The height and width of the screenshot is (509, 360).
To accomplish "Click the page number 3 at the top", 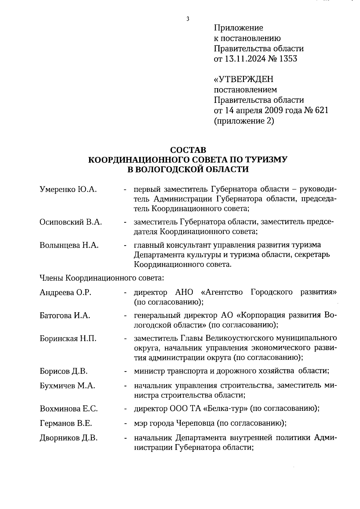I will pyautogui.click(x=188, y=19).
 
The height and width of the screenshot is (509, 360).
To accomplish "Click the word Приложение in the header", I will pyautogui.click(x=238, y=28).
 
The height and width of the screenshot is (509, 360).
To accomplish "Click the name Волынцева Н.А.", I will pyautogui.click(x=69, y=245).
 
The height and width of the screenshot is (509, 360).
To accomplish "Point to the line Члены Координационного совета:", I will pyautogui.click(x=102, y=278).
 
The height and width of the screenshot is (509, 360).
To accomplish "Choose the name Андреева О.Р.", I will pyautogui.click(x=65, y=292).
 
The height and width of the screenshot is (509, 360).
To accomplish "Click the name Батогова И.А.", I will pyautogui.click(x=65, y=316).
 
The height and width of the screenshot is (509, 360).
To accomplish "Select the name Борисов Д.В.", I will pyautogui.click(x=64, y=371).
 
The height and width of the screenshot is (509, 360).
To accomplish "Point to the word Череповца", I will pyautogui.click(x=195, y=423).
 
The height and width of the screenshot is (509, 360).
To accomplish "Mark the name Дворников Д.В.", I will pyautogui.click(x=69, y=438).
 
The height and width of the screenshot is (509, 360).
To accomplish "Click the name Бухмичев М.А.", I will pyautogui.click(x=67, y=386).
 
